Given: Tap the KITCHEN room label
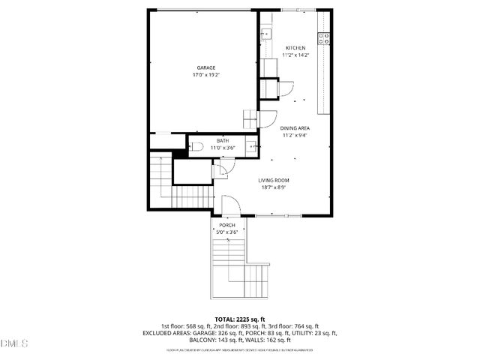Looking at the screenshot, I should [294, 48].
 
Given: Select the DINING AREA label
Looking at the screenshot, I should [295, 128].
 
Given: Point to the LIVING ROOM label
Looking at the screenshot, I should [274, 180].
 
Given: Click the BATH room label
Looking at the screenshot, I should [223, 141].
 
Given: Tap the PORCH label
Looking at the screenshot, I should [227, 225].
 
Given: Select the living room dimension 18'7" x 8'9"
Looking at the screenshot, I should [274, 187].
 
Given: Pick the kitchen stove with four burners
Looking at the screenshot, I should [324, 37].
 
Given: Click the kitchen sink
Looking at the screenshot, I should [265, 33].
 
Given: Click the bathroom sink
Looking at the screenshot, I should [252, 147].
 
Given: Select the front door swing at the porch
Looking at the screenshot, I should [231, 204].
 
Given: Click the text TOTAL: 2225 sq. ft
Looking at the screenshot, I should [239, 319].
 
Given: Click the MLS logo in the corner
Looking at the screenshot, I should [14, 343].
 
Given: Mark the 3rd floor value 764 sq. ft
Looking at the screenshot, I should [304, 326].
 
